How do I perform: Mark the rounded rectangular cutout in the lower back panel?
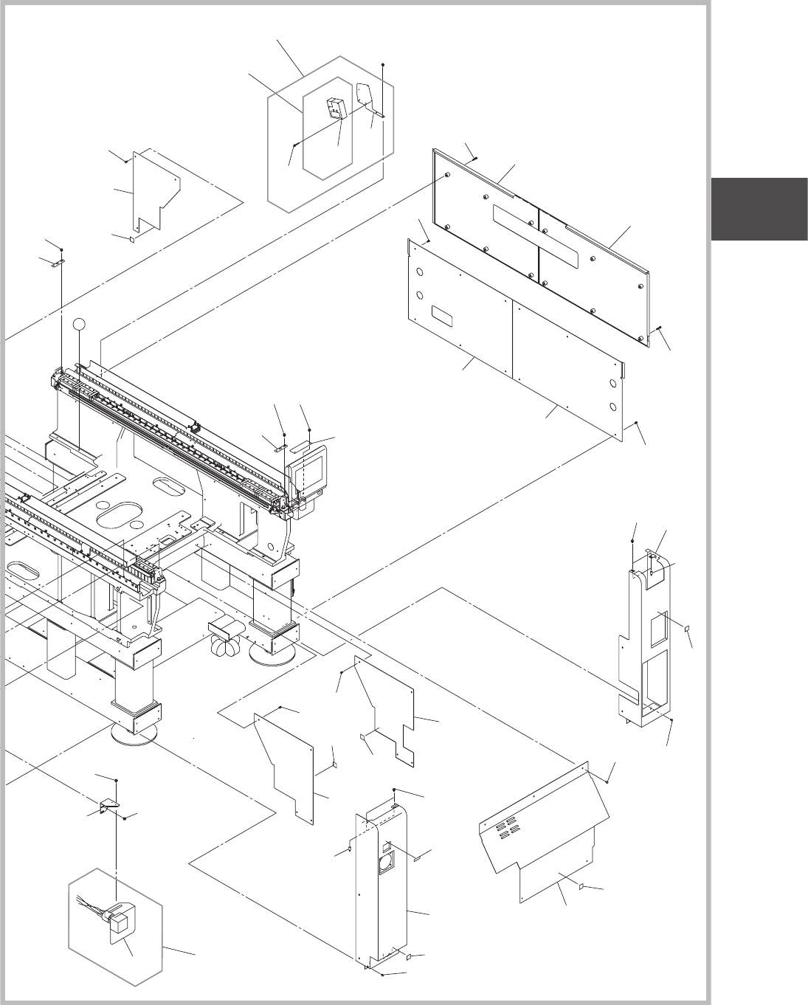click(443, 317)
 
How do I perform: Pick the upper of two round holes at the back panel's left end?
click(420, 272)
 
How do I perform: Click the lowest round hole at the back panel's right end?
click(613, 407)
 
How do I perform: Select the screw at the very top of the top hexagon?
click(383, 64)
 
